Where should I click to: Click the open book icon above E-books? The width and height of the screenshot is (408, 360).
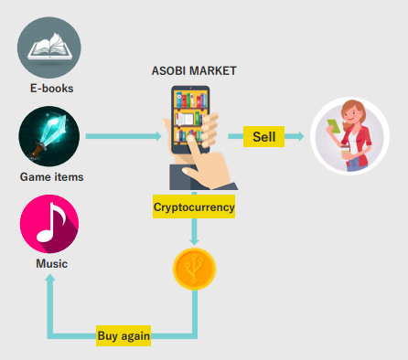(49, 48)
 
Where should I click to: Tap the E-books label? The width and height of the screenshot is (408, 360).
(52, 89)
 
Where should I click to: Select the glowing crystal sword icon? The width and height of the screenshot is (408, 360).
(49, 136)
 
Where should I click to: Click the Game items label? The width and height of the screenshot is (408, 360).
(51, 177)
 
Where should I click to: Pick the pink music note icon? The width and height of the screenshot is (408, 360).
(49, 224)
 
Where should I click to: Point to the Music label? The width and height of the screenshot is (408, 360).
(51, 263)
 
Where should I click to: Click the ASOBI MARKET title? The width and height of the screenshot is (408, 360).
(194, 70)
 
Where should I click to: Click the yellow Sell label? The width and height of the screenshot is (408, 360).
(263, 136)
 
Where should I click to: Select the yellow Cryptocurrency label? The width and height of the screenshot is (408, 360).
(194, 206)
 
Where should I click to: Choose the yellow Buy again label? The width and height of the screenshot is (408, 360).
(123, 335)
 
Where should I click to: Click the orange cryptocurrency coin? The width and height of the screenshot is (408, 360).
(194, 269)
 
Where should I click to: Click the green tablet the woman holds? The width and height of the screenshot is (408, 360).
(334, 126)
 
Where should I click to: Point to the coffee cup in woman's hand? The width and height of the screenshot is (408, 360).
(345, 152)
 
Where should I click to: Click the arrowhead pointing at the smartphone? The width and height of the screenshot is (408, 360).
(158, 136)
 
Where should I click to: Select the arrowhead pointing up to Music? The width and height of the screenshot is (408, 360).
(50, 278)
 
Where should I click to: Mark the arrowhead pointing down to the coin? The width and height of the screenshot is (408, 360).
(194, 242)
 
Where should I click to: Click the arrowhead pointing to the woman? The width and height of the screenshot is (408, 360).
(301, 136)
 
